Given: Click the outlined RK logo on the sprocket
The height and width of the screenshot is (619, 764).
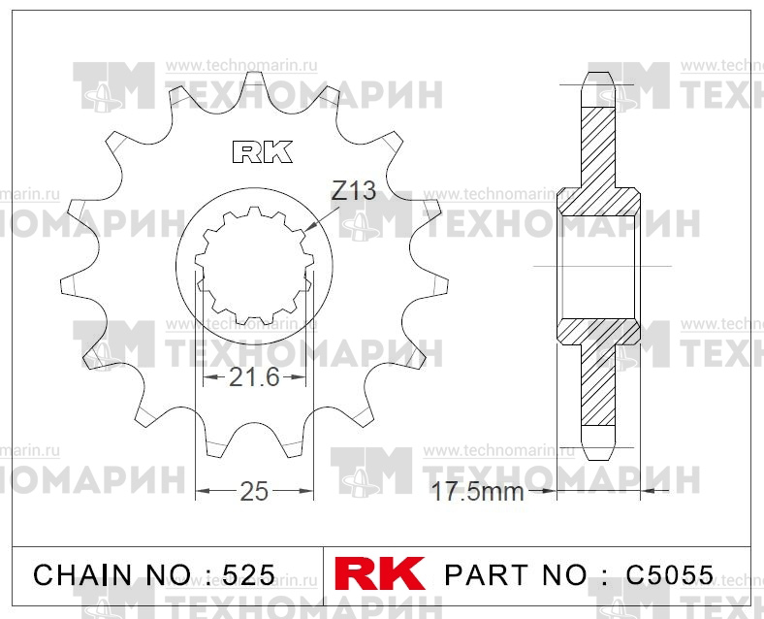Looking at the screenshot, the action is coord(263,151).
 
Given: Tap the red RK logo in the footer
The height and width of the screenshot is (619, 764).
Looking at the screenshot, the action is coord(379,573).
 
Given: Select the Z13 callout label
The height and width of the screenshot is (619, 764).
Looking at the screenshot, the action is coord(354,190).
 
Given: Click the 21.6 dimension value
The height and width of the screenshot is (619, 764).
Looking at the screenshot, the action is coord(254,376).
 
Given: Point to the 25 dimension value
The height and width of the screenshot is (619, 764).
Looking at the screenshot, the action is coord(254,491).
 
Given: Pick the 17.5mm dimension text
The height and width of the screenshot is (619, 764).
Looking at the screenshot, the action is coord(477,492).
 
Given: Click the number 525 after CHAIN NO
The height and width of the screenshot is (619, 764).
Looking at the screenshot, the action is coord(248,575).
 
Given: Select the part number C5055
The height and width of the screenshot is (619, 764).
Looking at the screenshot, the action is coord(670,575).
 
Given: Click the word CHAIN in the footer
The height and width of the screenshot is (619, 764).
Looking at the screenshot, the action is coord(82,575).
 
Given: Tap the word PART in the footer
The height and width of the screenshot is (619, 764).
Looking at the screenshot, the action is coord(487,575).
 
